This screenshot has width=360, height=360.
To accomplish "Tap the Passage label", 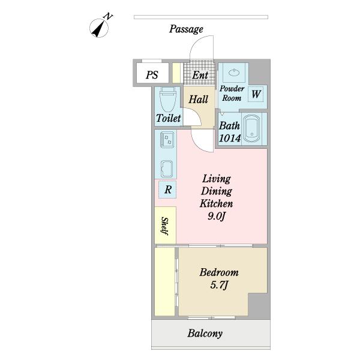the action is (x=186, y=29).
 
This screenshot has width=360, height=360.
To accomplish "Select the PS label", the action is (x=152, y=75).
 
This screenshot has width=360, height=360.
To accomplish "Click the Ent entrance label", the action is (x=200, y=75).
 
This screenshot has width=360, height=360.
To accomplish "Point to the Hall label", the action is (x=199, y=100).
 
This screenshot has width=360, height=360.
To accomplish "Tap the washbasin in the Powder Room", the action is (x=234, y=72).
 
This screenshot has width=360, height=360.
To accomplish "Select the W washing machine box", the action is (x=256, y=94).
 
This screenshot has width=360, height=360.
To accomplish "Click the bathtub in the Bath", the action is (x=251, y=128).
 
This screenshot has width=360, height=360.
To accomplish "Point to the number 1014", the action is (x=230, y=138).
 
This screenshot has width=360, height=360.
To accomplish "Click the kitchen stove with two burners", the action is (x=167, y=140).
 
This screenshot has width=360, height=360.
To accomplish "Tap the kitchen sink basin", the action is (x=167, y=169).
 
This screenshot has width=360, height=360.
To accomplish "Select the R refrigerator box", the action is (x=168, y=190).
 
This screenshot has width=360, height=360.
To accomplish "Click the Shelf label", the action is (x=165, y=226).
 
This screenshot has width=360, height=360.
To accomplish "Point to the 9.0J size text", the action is (x=217, y=216).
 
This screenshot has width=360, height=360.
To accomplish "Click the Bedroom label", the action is (x=219, y=272).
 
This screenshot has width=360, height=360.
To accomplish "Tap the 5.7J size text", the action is (x=219, y=285).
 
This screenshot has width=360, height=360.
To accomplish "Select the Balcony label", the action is (x=205, y=334).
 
